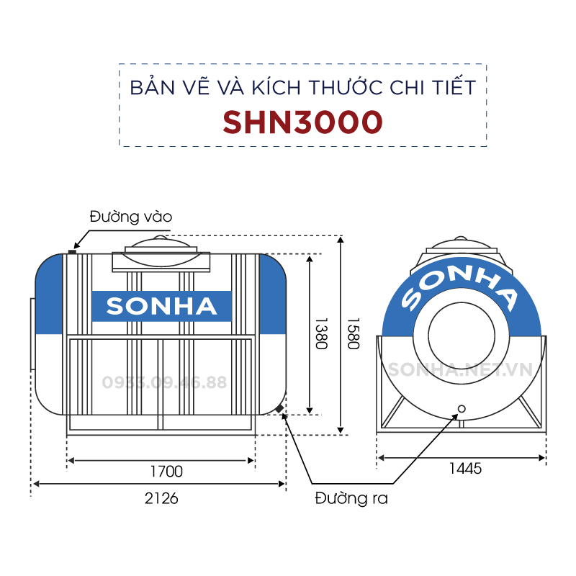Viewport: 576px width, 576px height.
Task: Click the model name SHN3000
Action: pos(302,122)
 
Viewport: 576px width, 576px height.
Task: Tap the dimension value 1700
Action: pos(166,472)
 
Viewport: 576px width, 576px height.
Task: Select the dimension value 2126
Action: pos(161,498)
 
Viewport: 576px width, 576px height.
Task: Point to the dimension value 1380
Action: pos(321,333)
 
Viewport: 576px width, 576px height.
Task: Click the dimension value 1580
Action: pos(353,333)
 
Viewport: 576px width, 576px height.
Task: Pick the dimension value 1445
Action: pos(465,469)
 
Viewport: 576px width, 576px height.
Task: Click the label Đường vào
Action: pos(131,217)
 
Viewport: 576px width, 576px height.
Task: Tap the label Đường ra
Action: pos(351,498)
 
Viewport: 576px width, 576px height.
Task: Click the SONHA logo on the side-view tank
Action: pos(161,307)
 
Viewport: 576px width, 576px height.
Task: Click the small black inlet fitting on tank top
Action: pos(72,251)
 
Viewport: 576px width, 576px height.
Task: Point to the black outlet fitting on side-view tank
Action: pos(279,409)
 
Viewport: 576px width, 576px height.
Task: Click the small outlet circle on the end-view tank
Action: pos(462,409)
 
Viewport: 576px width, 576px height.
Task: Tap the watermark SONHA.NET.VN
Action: pos(460,369)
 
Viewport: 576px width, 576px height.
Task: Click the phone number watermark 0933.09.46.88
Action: pos(164,382)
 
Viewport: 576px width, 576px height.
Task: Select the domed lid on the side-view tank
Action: pos(161,253)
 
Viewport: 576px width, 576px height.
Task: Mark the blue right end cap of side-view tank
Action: pos(273,294)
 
